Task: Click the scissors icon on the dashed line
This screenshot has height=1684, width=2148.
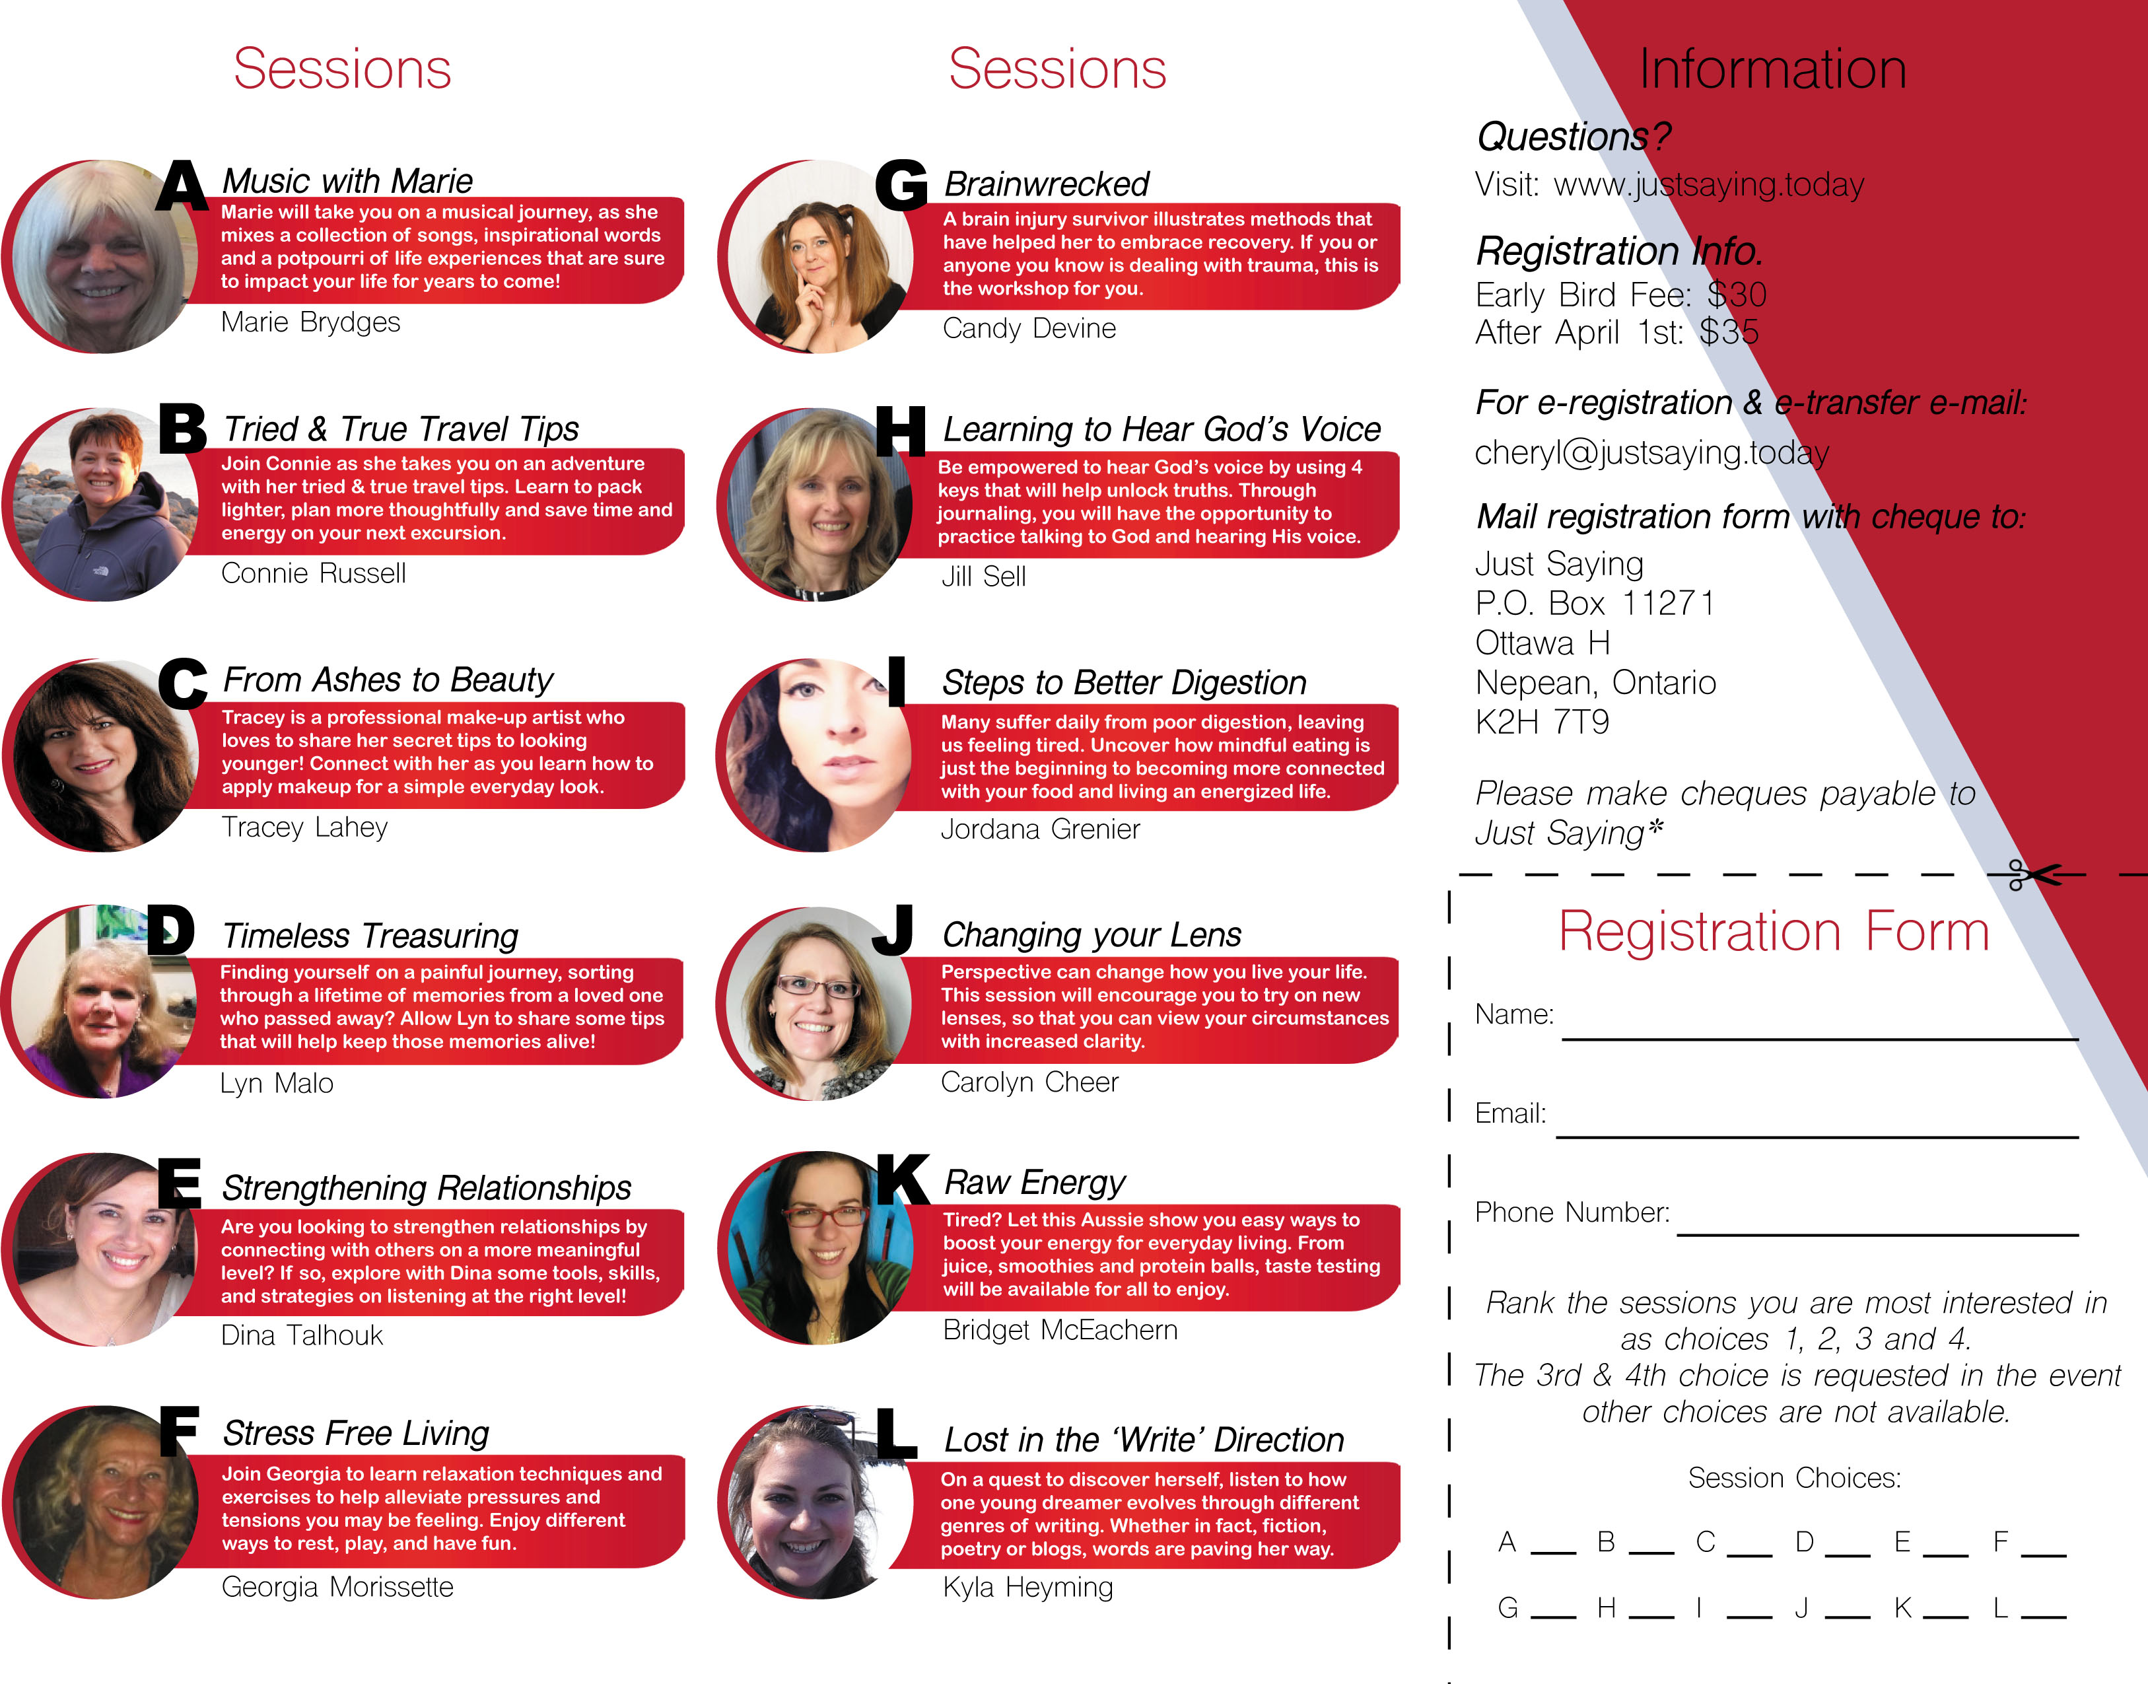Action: pos(2032,874)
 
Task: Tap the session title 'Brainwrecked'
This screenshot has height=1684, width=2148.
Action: pos(1046,184)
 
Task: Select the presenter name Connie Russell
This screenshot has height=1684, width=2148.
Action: pos(314,573)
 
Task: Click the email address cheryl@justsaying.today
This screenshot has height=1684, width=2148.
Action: pos(1652,452)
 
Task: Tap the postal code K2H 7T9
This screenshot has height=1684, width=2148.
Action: pos(1542,722)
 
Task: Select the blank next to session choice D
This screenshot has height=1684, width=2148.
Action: pos(1848,1555)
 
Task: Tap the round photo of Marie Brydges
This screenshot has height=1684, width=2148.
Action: pos(98,256)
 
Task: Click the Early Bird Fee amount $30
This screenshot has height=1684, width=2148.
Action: pos(1737,295)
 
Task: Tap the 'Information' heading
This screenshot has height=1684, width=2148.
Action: pos(1772,69)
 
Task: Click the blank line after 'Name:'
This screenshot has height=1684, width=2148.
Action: pos(1820,1038)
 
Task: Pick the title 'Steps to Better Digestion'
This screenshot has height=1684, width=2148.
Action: pos(1124,682)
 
